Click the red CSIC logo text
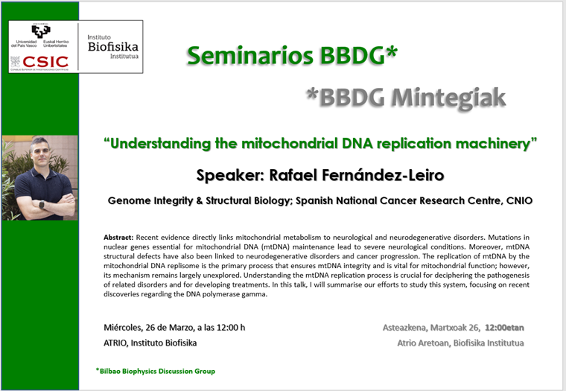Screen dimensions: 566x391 (x=45, y=62)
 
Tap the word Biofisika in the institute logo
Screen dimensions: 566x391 (x=113, y=47)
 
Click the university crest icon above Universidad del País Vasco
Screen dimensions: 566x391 (x=41, y=31)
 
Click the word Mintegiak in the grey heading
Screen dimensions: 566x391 (x=448, y=98)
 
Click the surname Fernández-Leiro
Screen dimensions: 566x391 (x=383, y=175)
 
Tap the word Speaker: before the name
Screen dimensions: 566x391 (x=231, y=176)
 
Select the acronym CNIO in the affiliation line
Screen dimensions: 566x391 (x=519, y=200)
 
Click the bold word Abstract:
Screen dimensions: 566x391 (x=118, y=237)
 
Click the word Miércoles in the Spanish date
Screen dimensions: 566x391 (x=123, y=328)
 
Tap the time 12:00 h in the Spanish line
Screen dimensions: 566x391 (x=231, y=328)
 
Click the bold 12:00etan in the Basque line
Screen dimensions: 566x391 (x=504, y=328)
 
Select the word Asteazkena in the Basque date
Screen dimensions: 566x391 (x=404, y=328)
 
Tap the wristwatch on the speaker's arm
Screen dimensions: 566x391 (x=42, y=205)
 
